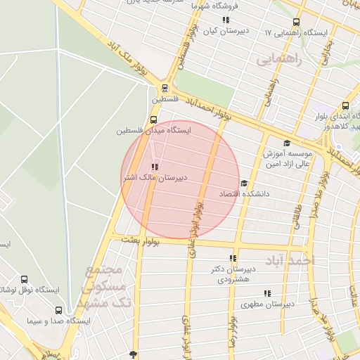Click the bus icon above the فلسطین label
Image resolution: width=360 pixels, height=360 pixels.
pyautogui.click(x=165, y=89)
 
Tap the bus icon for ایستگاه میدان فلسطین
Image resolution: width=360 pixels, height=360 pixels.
pyautogui.click(x=154, y=120)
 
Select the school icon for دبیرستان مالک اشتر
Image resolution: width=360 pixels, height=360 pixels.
pyautogui.click(x=154, y=167)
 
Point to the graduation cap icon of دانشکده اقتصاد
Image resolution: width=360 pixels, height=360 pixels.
pyautogui.click(x=244, y=184)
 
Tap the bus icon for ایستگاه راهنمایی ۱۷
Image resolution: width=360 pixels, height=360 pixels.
pyautogui.click(x=295, y=22)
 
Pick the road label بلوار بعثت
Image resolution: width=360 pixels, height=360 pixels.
pyautogui.click(x=141, y=241)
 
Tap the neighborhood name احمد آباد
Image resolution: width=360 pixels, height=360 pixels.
pyautogui.click(x=291, y=260)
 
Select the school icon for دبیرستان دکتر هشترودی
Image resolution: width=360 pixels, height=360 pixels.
pyautogui.click(x=233, y=258)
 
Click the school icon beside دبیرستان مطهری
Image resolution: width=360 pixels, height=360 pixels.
pyautogui.click(x=267, y=293)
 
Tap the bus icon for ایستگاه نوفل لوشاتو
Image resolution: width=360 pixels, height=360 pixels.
pyautogui.click(x=25, y=279)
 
